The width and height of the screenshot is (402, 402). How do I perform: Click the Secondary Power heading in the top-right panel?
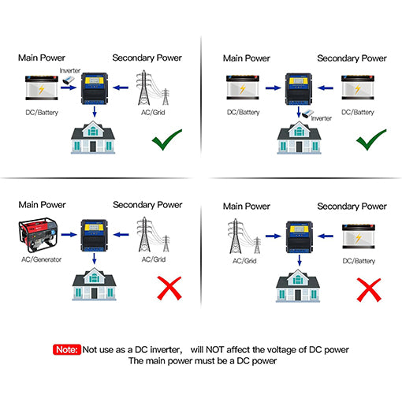pos(352,58)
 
